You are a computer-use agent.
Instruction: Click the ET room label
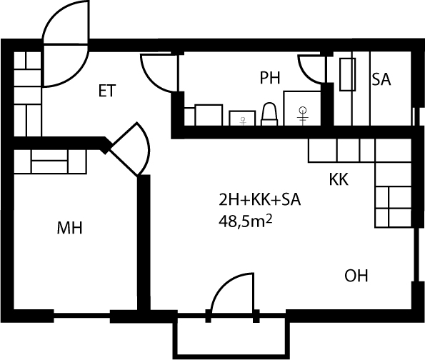(x=107, y=91)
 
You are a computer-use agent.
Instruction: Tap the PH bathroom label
(x=270, y=78)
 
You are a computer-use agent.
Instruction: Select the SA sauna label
(x=381, y=80)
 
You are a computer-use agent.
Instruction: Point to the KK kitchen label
(x=339, y=179)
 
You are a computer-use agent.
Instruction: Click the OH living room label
(x=356, y=276)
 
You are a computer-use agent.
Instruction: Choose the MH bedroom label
(x=69, y=228)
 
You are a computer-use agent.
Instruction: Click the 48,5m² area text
(x=245, y=222)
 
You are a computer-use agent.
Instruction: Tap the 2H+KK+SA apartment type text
(x=260, y=200)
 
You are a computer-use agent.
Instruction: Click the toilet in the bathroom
(x=269, y=114)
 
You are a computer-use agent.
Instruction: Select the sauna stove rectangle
(x=347, y=74)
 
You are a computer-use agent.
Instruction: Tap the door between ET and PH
(x=159, y=73)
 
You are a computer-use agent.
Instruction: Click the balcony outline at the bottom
(x=231, y=354)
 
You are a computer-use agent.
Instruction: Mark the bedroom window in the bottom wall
(x=81, y=316)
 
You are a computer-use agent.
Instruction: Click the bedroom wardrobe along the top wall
(x=50, y=161)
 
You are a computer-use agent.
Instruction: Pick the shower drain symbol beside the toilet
(x=302, y=115)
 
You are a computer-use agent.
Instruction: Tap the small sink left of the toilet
(x=242, y=118)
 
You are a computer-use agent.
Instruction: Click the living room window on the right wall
(x=416, y=255)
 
